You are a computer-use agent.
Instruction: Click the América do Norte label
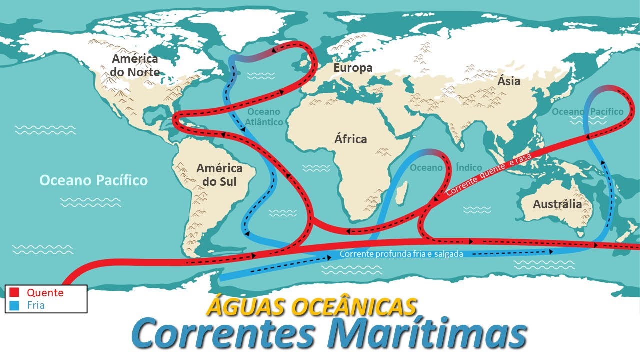pyautogui.click(x=135, y=65)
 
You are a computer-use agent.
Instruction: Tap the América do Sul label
pyautogui.click(x=219, y=175)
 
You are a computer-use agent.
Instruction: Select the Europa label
pyautogui.click(x=353, y=68)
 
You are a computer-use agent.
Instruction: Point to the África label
pyautogui.click(x=350, y=139)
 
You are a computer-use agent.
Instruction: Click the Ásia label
pyautogui.click(x=509, y=81)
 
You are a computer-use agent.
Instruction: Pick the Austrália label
pyautogui.click(x=557, y=204)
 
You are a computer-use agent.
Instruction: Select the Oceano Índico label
pyautogui.click(x=446, y=168)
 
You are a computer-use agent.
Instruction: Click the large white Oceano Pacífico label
pyautogui.click(x=93, y=180)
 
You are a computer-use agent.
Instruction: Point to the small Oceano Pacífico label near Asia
pyautogui.click(x=587, y=112)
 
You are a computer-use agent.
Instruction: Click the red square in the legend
pyautogui.click(x=14, y=292)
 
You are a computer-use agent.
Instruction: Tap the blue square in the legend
pyautogui.click(x=14, y=305)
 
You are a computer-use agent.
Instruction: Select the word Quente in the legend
pyautogui.click(x=45, y=293)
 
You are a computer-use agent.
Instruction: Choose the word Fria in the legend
pyautogui.click(x=36, y=305)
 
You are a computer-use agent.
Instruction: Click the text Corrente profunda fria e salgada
pyautogui.click(x=401, y=254)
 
